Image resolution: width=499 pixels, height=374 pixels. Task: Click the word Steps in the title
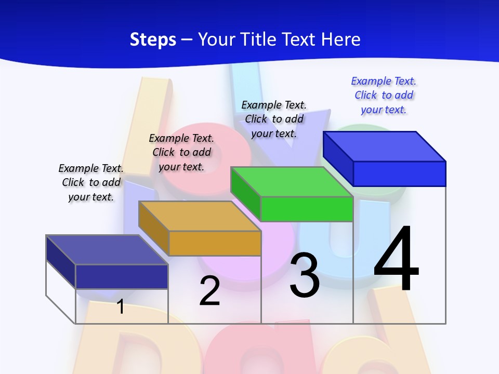click(153, 39)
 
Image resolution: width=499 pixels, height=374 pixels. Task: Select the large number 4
click(396, 259)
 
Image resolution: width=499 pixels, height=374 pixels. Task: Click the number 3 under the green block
click(305, 275)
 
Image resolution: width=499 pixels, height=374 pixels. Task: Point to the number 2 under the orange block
click(210, 291)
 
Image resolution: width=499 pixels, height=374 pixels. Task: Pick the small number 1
click(121, 306)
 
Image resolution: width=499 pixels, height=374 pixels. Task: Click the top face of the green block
click(291, 182)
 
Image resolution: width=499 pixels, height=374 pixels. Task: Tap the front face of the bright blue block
click(399, 173)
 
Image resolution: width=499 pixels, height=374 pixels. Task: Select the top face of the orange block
click(200, 216)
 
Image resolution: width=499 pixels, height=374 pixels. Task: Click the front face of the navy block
click(122, 276)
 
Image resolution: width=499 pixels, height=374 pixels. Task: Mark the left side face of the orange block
click(154, 229)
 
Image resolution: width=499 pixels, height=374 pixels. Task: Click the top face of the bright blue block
click(385, 146)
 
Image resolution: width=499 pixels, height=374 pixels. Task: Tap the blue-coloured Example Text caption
click(384, 96)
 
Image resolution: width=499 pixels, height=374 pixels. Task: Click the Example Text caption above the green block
click(274, 119)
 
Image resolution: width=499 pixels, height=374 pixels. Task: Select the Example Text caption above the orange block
click(181, 152)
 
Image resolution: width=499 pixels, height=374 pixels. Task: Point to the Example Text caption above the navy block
click(91, 182)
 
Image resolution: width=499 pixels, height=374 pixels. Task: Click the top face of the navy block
click(107, 250)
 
